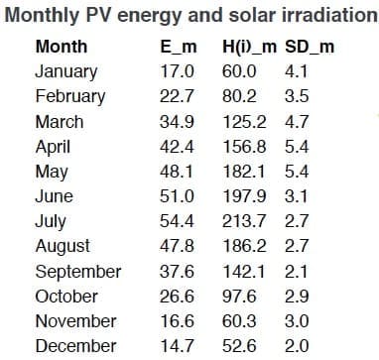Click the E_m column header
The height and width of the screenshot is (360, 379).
pos(179,47)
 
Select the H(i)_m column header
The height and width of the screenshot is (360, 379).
pos(249,48)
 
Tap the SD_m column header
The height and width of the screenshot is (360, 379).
pos(310,47)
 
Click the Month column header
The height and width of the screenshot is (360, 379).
pos(62,47)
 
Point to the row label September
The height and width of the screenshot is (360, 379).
pos(78,272)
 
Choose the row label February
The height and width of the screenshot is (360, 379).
pos(70,97)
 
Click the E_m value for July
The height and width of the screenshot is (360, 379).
pos(177,221)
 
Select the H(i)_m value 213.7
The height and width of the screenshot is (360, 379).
pos(244,221)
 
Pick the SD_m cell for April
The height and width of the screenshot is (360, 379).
pos(297,147)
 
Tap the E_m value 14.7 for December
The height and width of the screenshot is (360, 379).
pos(177,346)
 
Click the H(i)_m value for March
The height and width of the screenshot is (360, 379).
pos(244,122)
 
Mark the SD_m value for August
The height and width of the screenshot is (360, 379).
pos(297,246)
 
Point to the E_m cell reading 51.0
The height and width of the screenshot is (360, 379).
pos(177,196)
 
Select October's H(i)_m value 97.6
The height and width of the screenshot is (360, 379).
pos(239,297)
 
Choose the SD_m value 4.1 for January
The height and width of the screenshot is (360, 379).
pos(297,71)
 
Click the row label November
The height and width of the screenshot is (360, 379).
pos(75,321)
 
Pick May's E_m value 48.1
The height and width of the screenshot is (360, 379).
pos(177,172)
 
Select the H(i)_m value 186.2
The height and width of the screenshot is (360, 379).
pos(244,246)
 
